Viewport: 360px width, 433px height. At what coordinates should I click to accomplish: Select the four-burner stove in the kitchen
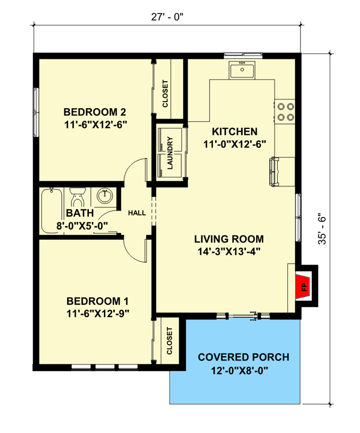pos(285,111)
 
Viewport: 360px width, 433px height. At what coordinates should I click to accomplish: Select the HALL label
pos(136,213)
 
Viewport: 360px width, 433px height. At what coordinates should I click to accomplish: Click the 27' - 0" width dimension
pos(168,16)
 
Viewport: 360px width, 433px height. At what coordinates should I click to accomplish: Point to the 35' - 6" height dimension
pos(323,227)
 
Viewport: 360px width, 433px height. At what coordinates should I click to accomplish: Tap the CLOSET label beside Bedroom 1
pos(169,341)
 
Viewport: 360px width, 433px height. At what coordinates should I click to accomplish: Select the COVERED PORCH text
pos(243,357)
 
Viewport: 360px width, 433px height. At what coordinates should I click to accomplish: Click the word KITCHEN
pos(234,132)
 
